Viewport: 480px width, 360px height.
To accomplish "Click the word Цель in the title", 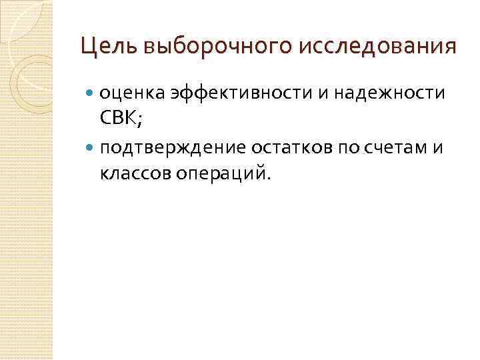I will (108, 47).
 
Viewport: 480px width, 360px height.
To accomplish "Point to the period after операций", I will (270, 179).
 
